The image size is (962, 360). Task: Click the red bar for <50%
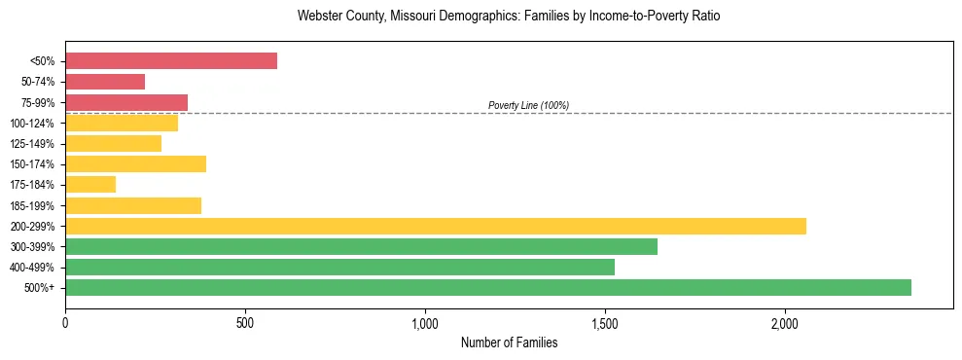(171, 61)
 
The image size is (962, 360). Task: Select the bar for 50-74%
(105, 82)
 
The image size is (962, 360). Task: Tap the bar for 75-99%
(126, 102)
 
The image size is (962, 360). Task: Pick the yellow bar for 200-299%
(436, 226)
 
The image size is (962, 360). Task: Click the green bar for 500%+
(488, 287)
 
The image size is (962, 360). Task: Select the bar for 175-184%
(90, 184)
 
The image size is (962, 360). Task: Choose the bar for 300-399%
(362, 246)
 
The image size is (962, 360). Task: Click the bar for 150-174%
(136, 163)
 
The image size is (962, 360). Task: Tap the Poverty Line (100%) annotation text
(528, 105)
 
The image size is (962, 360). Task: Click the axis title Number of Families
(509, 342)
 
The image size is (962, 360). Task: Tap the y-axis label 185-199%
(32, 205)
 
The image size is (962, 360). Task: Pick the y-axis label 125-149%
(32, 144)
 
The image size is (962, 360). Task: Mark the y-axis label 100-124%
(32, 124)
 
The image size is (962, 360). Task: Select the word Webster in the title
(319, 17)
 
